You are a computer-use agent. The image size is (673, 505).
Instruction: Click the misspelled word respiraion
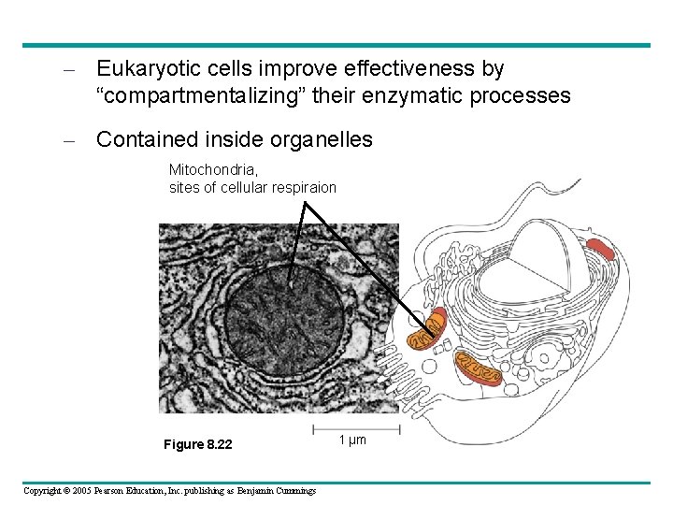(x=305, y=187)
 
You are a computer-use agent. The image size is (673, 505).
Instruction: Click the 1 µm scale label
(x=353, y=440)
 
